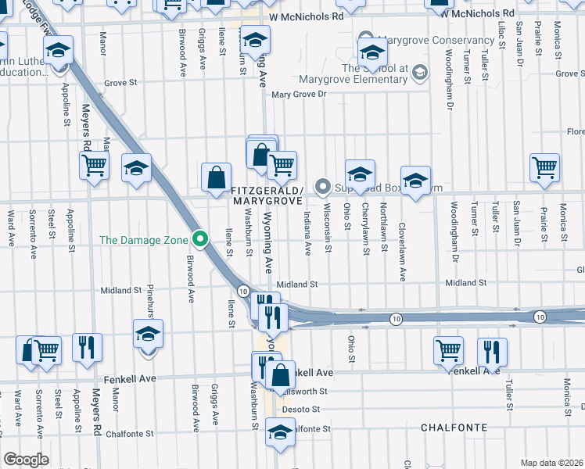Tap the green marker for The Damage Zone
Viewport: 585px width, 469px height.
(x=201, y=238)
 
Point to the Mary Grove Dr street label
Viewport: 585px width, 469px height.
(x=308, y=95)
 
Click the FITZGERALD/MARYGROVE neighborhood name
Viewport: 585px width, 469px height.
(x=267, y=195)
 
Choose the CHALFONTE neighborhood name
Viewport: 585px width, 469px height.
(x=454, y=428)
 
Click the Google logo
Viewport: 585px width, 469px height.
(x=26, y=460)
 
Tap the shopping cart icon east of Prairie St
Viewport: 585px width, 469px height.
(x=544, y=167)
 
